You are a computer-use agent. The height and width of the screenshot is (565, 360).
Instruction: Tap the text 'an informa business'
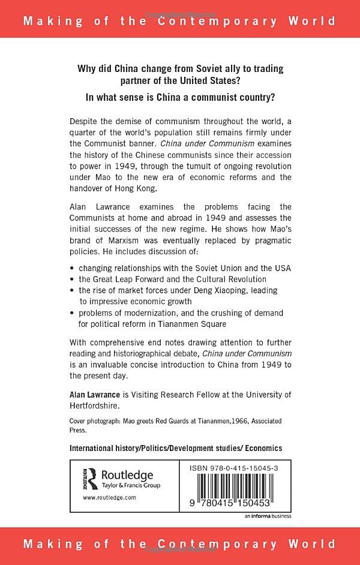[268, 515]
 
